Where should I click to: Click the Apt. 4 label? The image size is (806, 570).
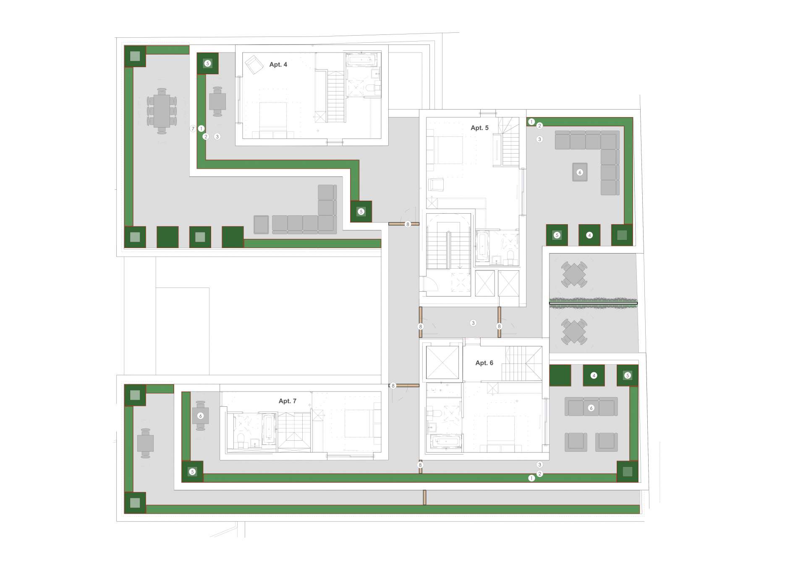tap(278, 64)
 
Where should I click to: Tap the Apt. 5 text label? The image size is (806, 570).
tap(479, 128)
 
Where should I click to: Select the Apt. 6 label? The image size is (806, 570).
tap(484, 363)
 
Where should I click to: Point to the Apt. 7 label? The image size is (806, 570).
tap(287, 401)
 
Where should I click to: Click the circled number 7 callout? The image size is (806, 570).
tap(193, 129)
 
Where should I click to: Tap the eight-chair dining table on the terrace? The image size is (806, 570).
tap(162, 111)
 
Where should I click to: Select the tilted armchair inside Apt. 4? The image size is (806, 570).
tap(254, 65)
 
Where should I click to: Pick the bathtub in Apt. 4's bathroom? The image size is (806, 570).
tap(361, 60)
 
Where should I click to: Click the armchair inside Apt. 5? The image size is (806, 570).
tap(436, 185)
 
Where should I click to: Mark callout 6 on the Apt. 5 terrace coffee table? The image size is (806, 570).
tap(580, 172)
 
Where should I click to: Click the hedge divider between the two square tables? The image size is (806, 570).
tap(593, 303)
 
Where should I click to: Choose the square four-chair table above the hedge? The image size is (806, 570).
tap(574, 275)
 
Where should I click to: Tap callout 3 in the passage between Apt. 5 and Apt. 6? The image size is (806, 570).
tap(473, 323)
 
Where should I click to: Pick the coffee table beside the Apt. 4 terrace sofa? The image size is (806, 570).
tap(261, 225)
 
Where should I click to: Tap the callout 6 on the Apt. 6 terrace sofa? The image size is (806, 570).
tap(591, 408)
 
